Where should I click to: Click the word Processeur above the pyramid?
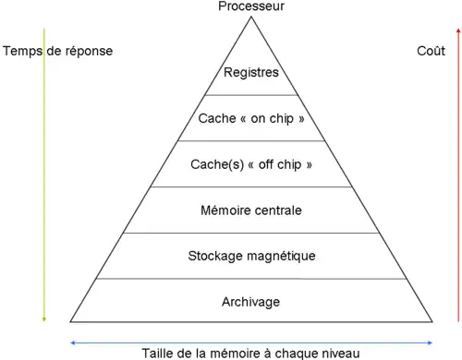tap(251, 6)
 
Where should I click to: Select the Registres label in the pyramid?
tap(251, 72)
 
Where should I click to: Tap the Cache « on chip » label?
tap(251, 118)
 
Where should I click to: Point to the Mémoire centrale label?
tap(251, 210)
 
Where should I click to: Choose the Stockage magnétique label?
tap(251, 256)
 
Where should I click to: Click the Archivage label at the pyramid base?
tap(251, 302)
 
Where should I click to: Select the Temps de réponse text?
tap(58, 51)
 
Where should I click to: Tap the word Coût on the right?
tap(431, 51)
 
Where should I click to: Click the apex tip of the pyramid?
tap(251, 15)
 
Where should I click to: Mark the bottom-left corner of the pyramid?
tap(70, 321)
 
